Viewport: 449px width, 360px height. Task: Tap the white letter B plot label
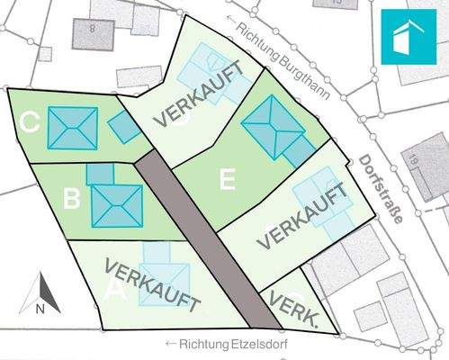click(x=73, y=195)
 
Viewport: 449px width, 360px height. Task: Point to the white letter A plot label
click(x=114, y=290)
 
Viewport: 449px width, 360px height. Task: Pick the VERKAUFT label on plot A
click(x=151, y=285)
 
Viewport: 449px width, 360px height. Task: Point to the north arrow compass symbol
click(x=40, y=293)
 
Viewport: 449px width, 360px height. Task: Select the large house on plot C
click(x=71, y=129)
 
